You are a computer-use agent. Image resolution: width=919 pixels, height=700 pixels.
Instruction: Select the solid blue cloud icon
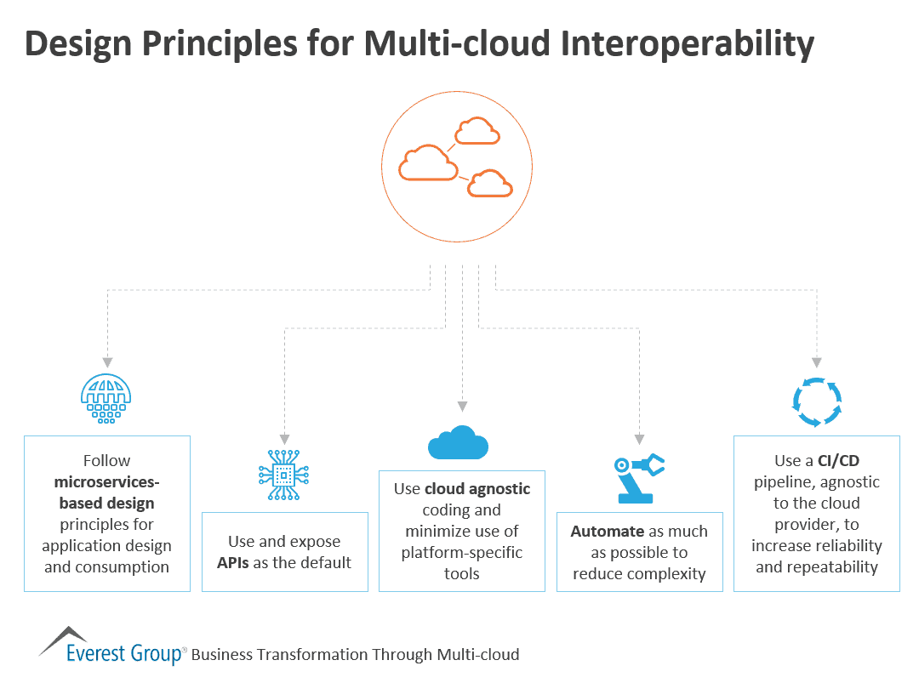(x=458, y=442)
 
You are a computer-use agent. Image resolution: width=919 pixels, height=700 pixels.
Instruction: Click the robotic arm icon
(x=638, y=476)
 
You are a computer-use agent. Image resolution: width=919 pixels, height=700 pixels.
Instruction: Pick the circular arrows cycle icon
(x=817, y=402)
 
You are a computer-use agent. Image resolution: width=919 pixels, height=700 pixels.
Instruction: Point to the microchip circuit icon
(x=283, y=473)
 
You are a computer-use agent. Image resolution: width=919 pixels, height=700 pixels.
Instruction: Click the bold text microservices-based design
(x=106, y=492)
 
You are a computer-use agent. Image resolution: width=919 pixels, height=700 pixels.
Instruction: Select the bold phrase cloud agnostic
(x=477, y=489)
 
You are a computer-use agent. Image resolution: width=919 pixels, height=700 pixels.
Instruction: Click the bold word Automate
(x=607, y=531)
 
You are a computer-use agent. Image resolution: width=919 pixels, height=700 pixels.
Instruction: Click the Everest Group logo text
(x=124, y=653)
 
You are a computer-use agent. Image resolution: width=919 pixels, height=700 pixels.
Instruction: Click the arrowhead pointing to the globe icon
(x=108, y=362)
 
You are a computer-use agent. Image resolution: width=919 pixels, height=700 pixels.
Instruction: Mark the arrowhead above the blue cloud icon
(x=462, y=406)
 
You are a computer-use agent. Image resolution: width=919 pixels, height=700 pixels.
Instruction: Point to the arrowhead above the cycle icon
(x=818, y=362)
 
